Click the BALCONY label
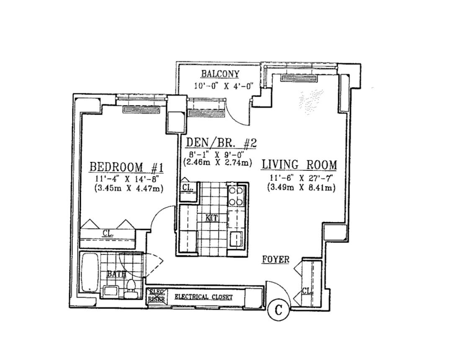pyautogui.click(x=220, y=74)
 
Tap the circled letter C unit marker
pyautogui.click(x=278, y=310)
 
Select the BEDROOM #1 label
pyautogui.click(x=126, y=167)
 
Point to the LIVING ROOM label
pyautogui.click(x=299, y=165)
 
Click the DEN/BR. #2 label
pyautogui.click(x=221, y=144)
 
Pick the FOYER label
pyautogui.click(x=275, y=260)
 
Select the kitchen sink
pyautogui.click(x=236, y=239)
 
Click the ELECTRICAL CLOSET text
pyautogui.click(x=203, y=297)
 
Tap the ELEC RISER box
pyautogui.click(x=156, y=297)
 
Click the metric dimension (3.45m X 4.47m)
pyautogui.click(x=129, y=189)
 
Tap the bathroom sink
pyautogui.click(x=111, y=291)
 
